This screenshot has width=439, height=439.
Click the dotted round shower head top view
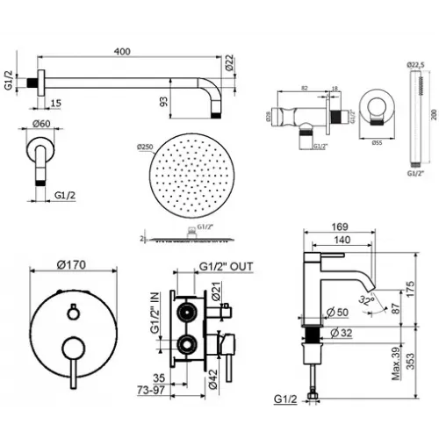click(189, 184)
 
